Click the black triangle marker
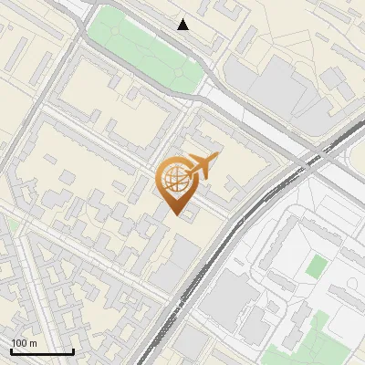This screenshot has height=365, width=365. point(183,25)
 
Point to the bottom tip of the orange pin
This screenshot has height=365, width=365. point(178,216)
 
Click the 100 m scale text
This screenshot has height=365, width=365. point(24,343)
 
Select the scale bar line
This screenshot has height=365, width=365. point(42,352)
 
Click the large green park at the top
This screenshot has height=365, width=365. point(146,46)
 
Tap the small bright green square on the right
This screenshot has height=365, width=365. point(316,266)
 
